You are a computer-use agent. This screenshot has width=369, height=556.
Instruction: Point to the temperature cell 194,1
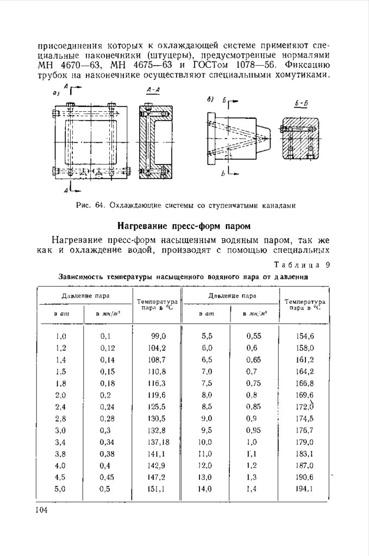[305, 489]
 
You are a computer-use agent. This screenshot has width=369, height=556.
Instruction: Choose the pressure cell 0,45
[108, 477]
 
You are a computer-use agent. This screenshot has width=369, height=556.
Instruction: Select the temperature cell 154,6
[305, 336]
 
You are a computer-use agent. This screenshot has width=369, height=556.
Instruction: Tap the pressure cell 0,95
[253, 430]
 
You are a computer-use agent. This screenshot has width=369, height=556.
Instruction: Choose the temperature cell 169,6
[305, 395]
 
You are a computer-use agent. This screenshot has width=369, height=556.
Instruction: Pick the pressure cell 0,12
[108, 348]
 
